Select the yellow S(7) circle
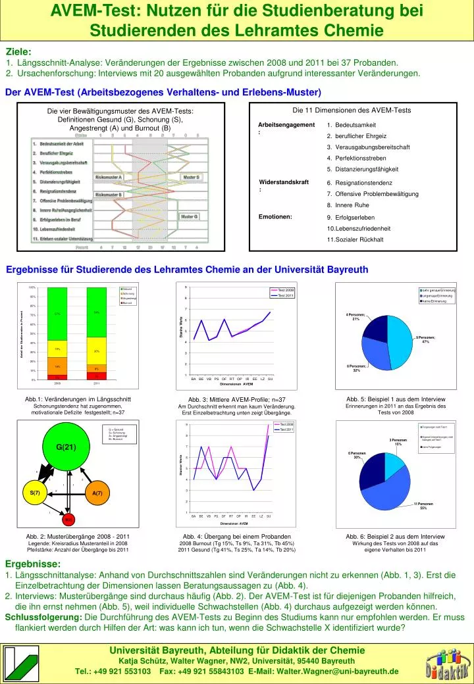pyautogui.click(x=36, y=493)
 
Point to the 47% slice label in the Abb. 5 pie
pyautogui.click(x=425, y=339)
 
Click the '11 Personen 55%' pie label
pyautogui.click(x=423, y=506)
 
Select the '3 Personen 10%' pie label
pyautogui.click(x=398, y=442)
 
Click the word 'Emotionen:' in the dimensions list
pyautogui.click(x=276, y=216)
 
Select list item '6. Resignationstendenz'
pyautogui.click(x=359, y=183)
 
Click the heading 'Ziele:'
pyautogui.click(x=18, y=52)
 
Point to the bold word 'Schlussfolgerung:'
pyautogui.click(x=43, y=617)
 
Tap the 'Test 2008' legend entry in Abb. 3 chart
pyautogui.click(x=284, y=290)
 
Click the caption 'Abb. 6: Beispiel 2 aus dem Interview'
pyautogui.click(x=395, y=537)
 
